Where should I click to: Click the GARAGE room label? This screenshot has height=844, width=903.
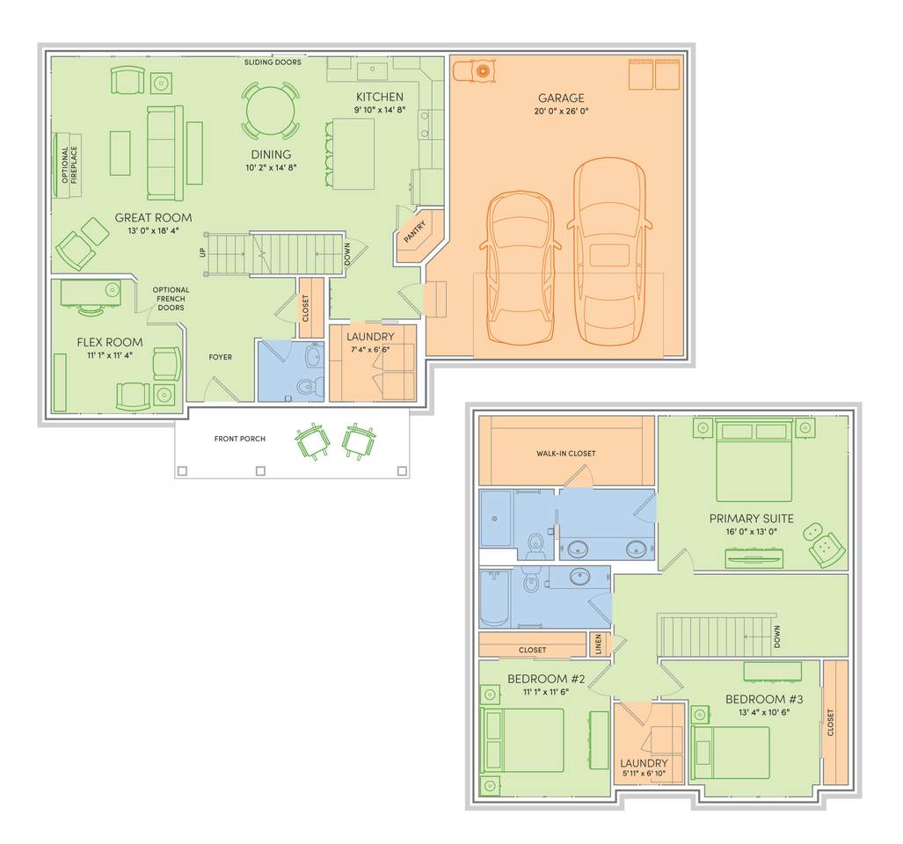[561, 98]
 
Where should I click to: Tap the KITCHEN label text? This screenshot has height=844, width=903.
[380, 97]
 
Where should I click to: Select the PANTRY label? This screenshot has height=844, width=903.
[415, 231]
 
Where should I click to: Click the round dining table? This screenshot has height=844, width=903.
[270, 111]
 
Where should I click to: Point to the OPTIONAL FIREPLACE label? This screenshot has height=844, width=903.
[69, 164]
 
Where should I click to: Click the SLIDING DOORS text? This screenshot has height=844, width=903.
[273, 62]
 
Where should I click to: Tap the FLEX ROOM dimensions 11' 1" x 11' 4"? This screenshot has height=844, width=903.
[109, 355]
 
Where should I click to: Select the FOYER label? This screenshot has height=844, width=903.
[220, 357]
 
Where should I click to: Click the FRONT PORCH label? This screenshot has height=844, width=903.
[239, 439]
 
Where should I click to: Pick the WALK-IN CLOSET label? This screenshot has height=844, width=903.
[565, 453]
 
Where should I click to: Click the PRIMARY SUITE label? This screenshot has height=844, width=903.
[751, 518]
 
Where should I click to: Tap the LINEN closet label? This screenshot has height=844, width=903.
[599, 644]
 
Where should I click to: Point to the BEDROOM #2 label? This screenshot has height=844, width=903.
[546, 679]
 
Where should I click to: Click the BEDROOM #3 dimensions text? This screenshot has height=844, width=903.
[763, 711]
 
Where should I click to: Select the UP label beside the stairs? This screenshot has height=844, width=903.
[202, 252]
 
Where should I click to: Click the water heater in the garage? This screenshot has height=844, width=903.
[483, 71]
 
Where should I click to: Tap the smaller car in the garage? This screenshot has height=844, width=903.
[520, 268]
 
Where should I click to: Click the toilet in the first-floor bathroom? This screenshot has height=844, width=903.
[306, 385]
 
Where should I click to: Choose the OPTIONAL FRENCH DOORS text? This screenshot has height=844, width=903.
[171, 298]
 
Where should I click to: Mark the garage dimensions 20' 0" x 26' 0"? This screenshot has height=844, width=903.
[561, 111]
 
